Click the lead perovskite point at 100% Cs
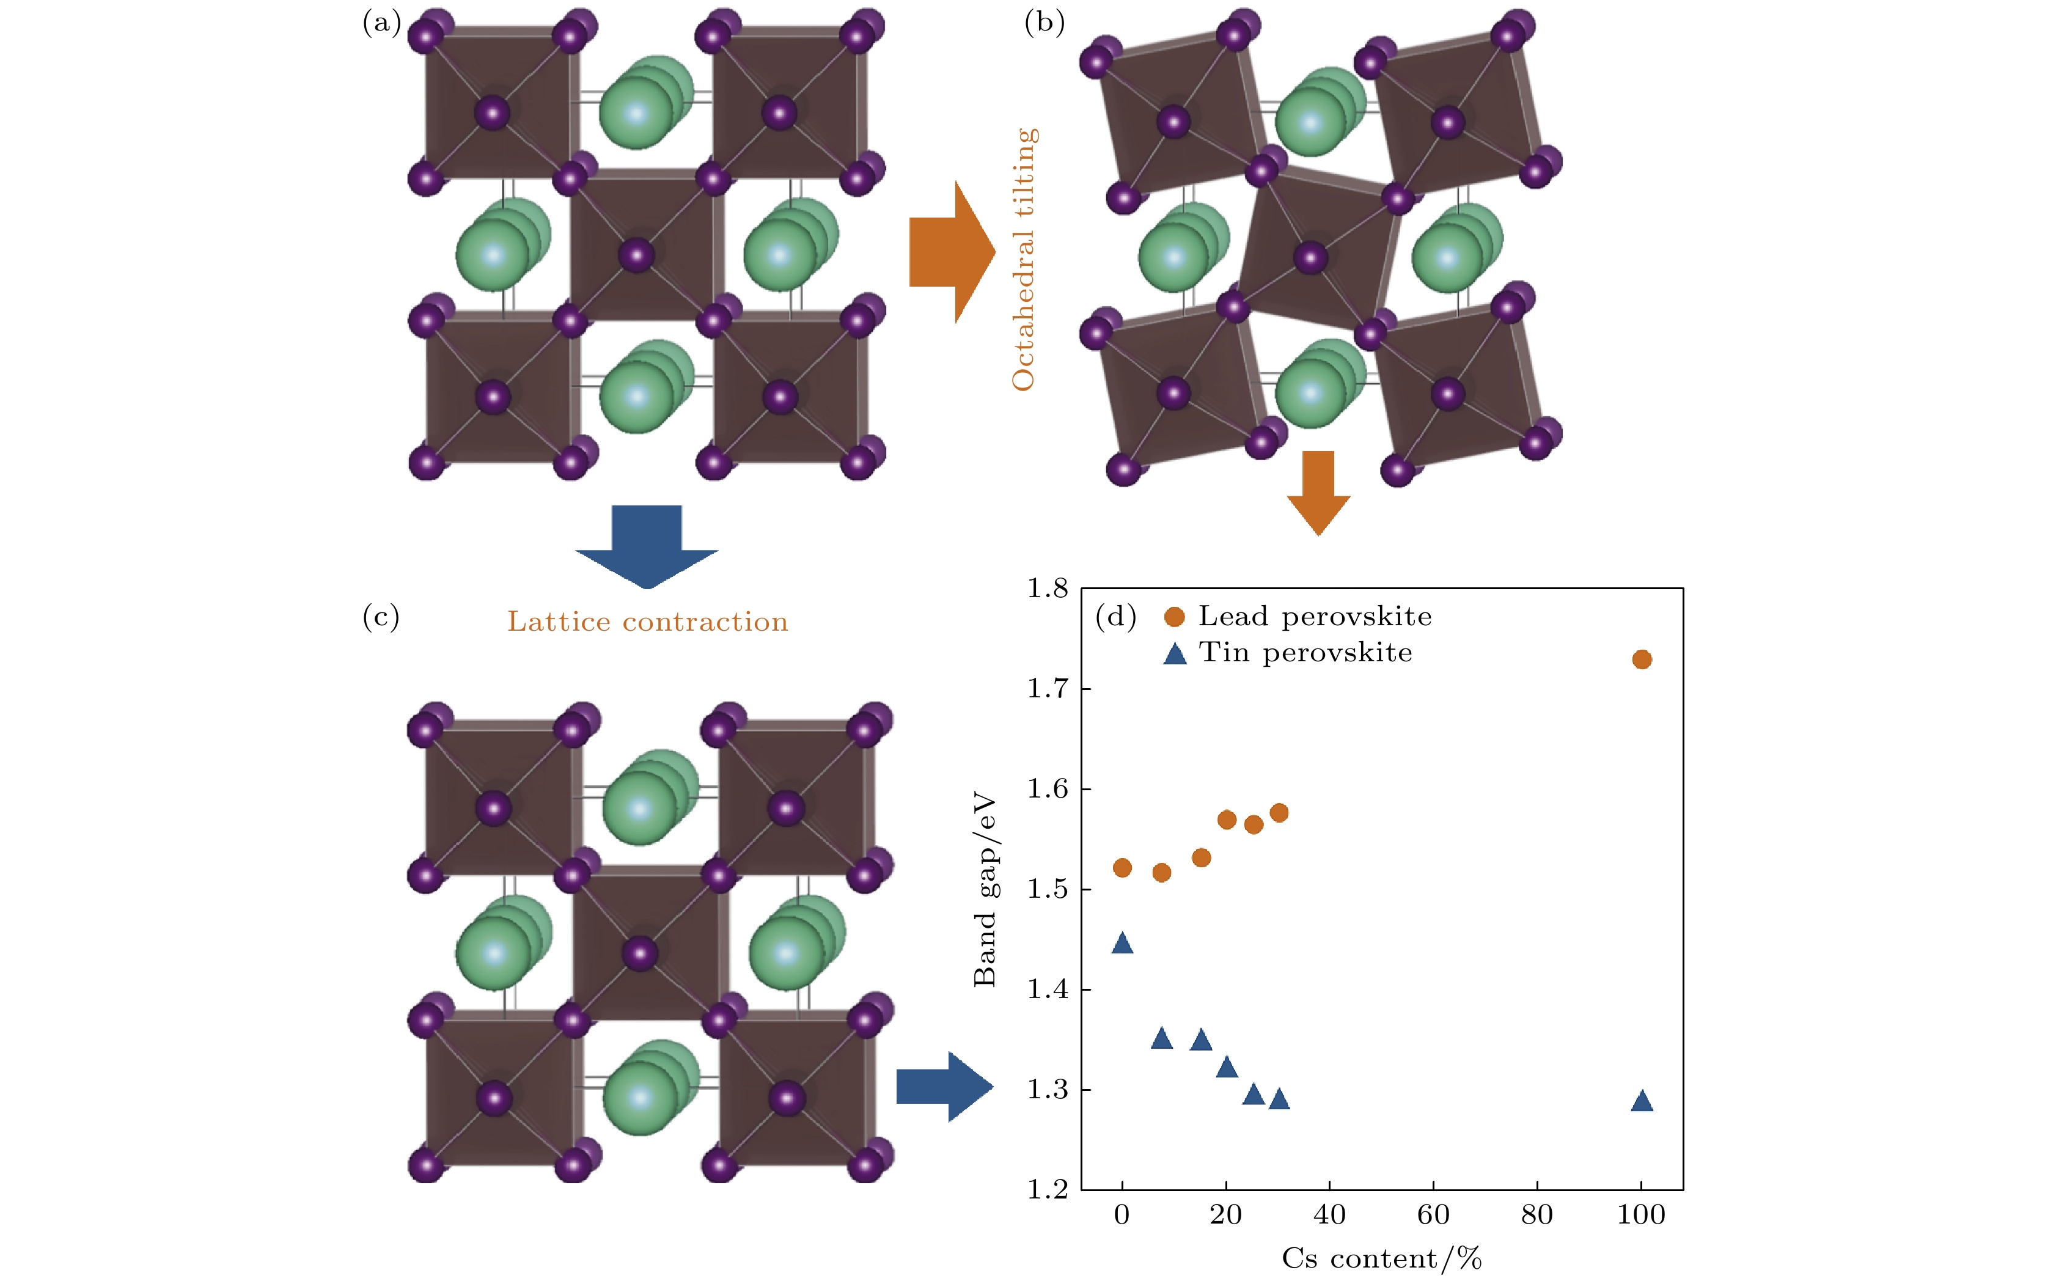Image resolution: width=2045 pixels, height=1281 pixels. click(x=1641, y=659)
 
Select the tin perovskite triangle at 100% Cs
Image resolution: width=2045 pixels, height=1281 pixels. click(x=1641, y=1101)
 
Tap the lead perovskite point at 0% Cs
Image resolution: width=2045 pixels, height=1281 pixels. click(x=1122, y=868)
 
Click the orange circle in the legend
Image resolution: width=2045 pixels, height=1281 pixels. click(x=1174, y=617)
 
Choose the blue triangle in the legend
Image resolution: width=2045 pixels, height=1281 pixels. click(x=1174, y=654)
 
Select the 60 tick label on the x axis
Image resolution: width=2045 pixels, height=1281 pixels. click(x=1433, y=1215)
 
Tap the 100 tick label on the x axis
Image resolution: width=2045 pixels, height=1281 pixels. click(x=1641, y=1215)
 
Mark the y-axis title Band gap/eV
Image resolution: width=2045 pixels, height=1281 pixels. click(x=985, y=890)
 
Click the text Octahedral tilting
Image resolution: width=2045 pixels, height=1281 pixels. click(x=1023, y=259)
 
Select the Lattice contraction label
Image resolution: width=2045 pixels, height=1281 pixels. click(x=647, y=622)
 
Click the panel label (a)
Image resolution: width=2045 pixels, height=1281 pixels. click(x=381, y=22)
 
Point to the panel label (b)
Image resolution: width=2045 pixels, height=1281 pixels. click(x=1044, y=22)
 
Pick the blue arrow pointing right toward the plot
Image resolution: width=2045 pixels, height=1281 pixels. click(x=943, y=1087)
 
